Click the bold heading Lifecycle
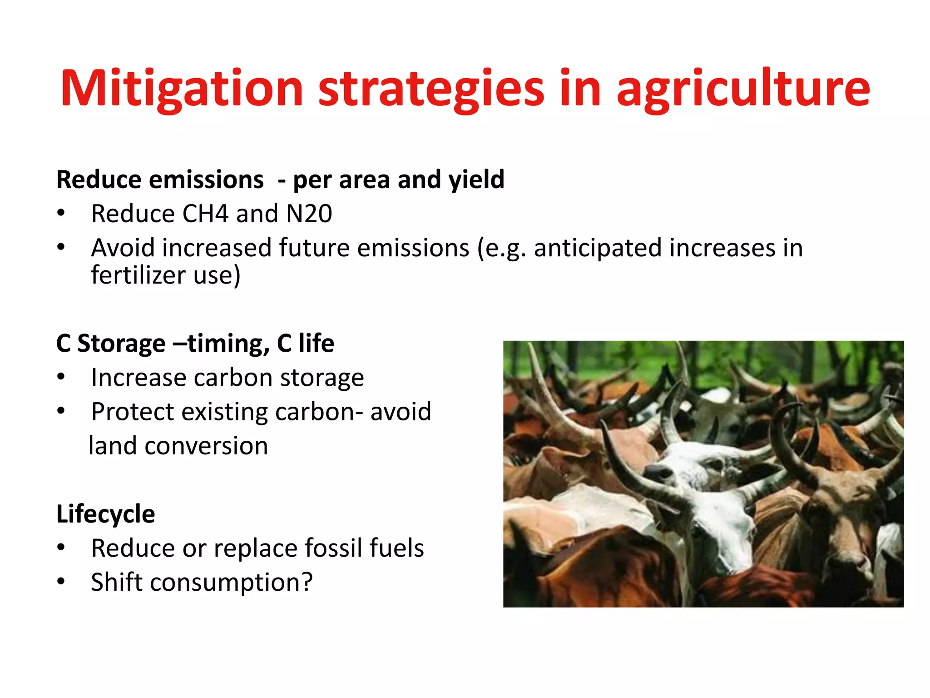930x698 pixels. click(x=106, y=514)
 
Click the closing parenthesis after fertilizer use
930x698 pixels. click(x=236, y=275)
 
